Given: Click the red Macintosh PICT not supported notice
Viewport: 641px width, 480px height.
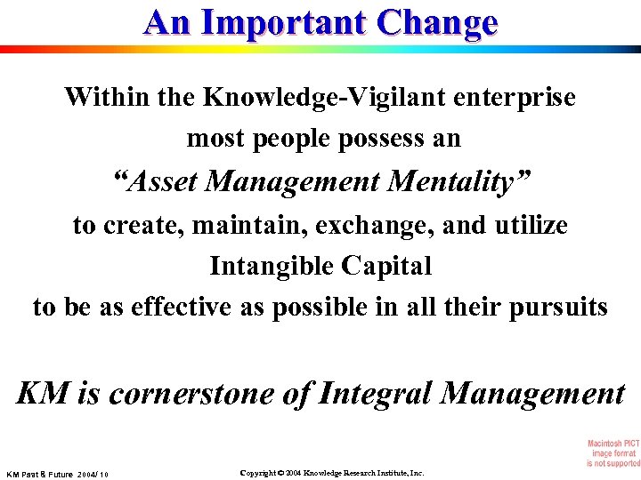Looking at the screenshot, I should [613, 453].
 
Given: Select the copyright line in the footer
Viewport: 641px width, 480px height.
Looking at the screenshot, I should [333, 473].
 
